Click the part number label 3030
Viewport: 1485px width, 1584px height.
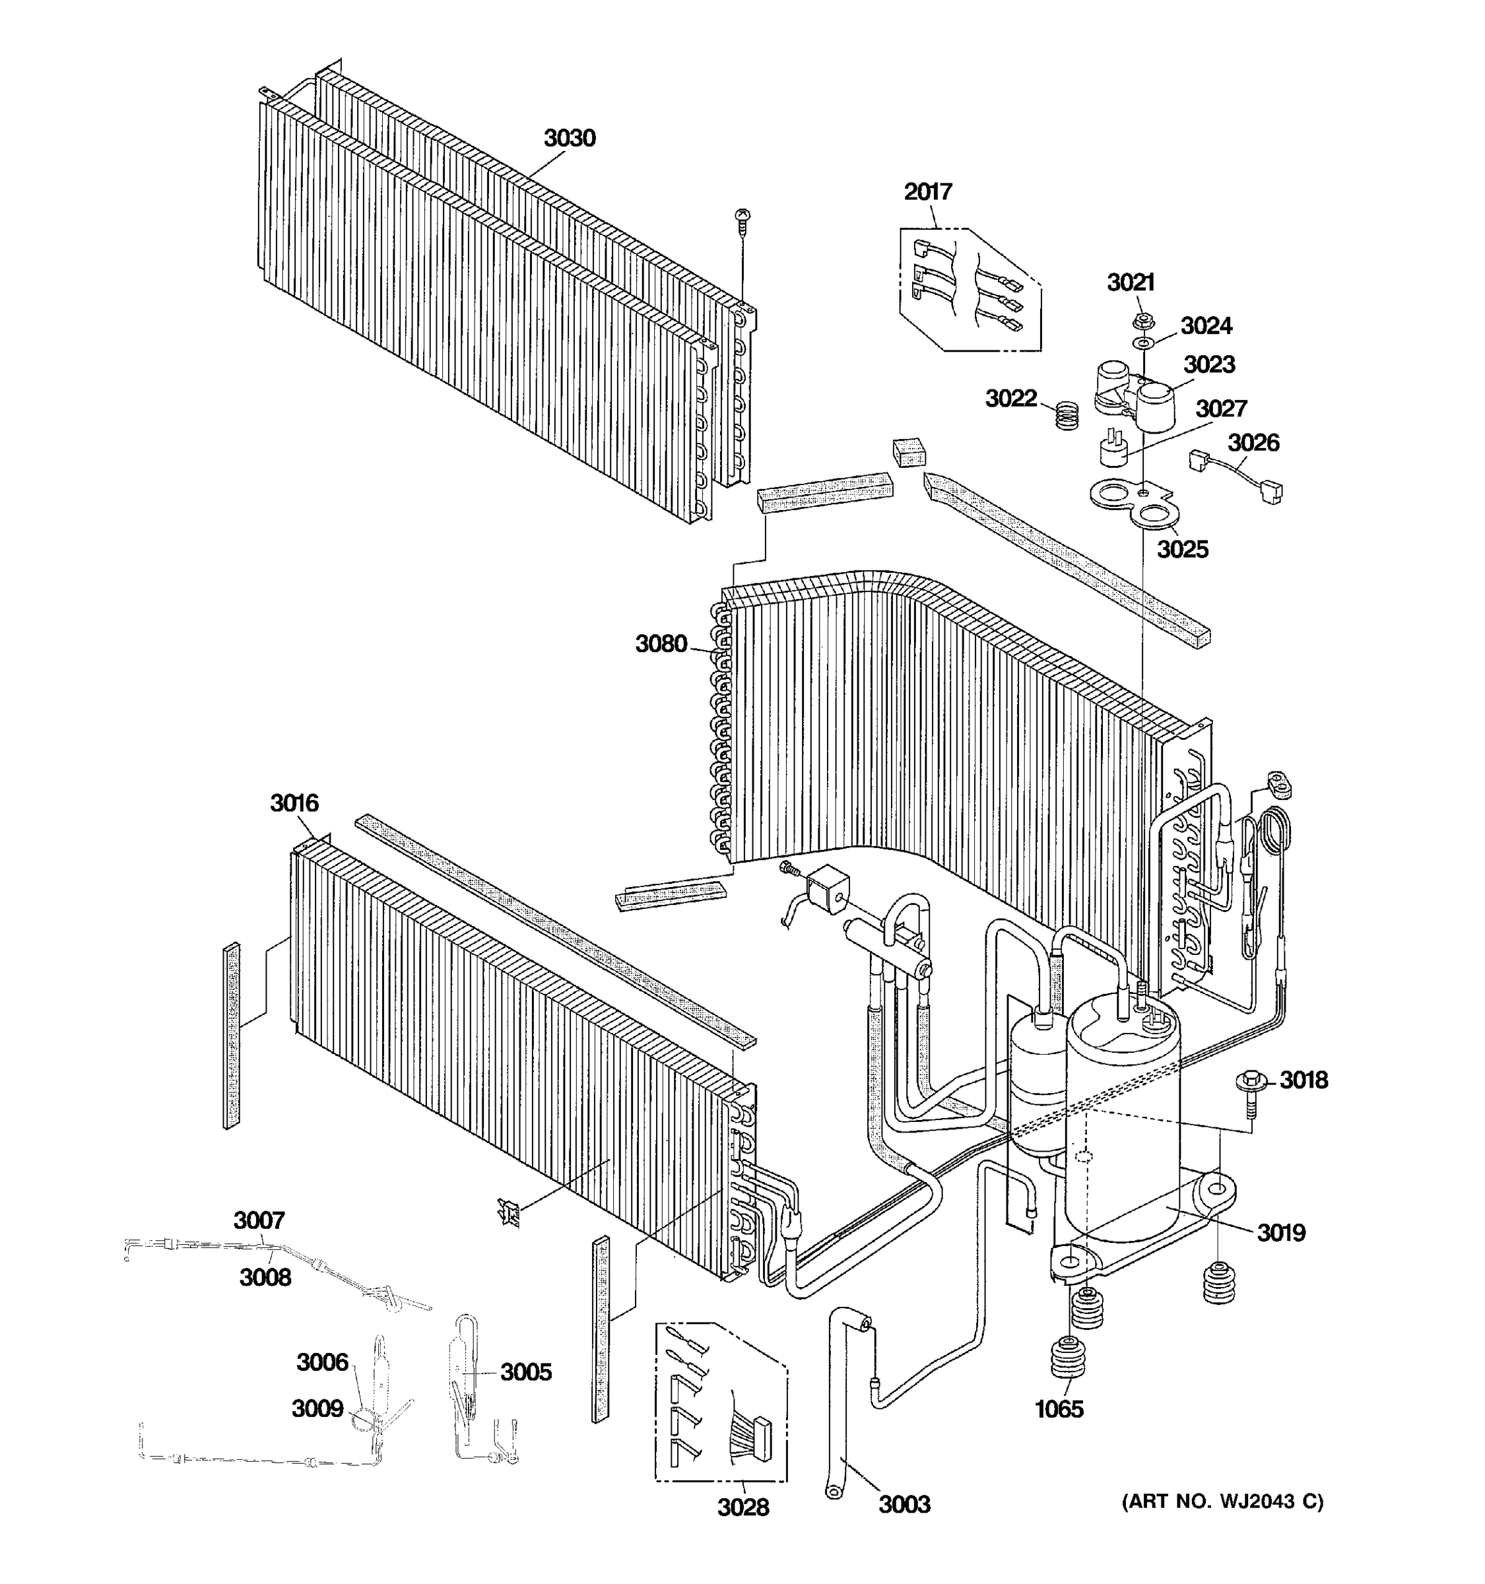coord(569,139)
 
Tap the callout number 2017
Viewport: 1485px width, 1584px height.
coord(928,192)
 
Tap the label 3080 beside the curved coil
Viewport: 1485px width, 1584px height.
coord(661,643)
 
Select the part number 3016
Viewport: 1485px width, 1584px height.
coord(294,803)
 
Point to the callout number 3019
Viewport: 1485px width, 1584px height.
coord(1281,1234)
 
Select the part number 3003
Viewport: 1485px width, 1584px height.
coord(904,1504)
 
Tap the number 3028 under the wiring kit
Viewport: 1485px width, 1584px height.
coord(742,1507)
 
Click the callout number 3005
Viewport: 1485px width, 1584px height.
coord(526,1372)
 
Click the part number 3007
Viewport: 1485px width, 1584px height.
coord(259,1220)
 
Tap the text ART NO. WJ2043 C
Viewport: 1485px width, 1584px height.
coord(1222,1502)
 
